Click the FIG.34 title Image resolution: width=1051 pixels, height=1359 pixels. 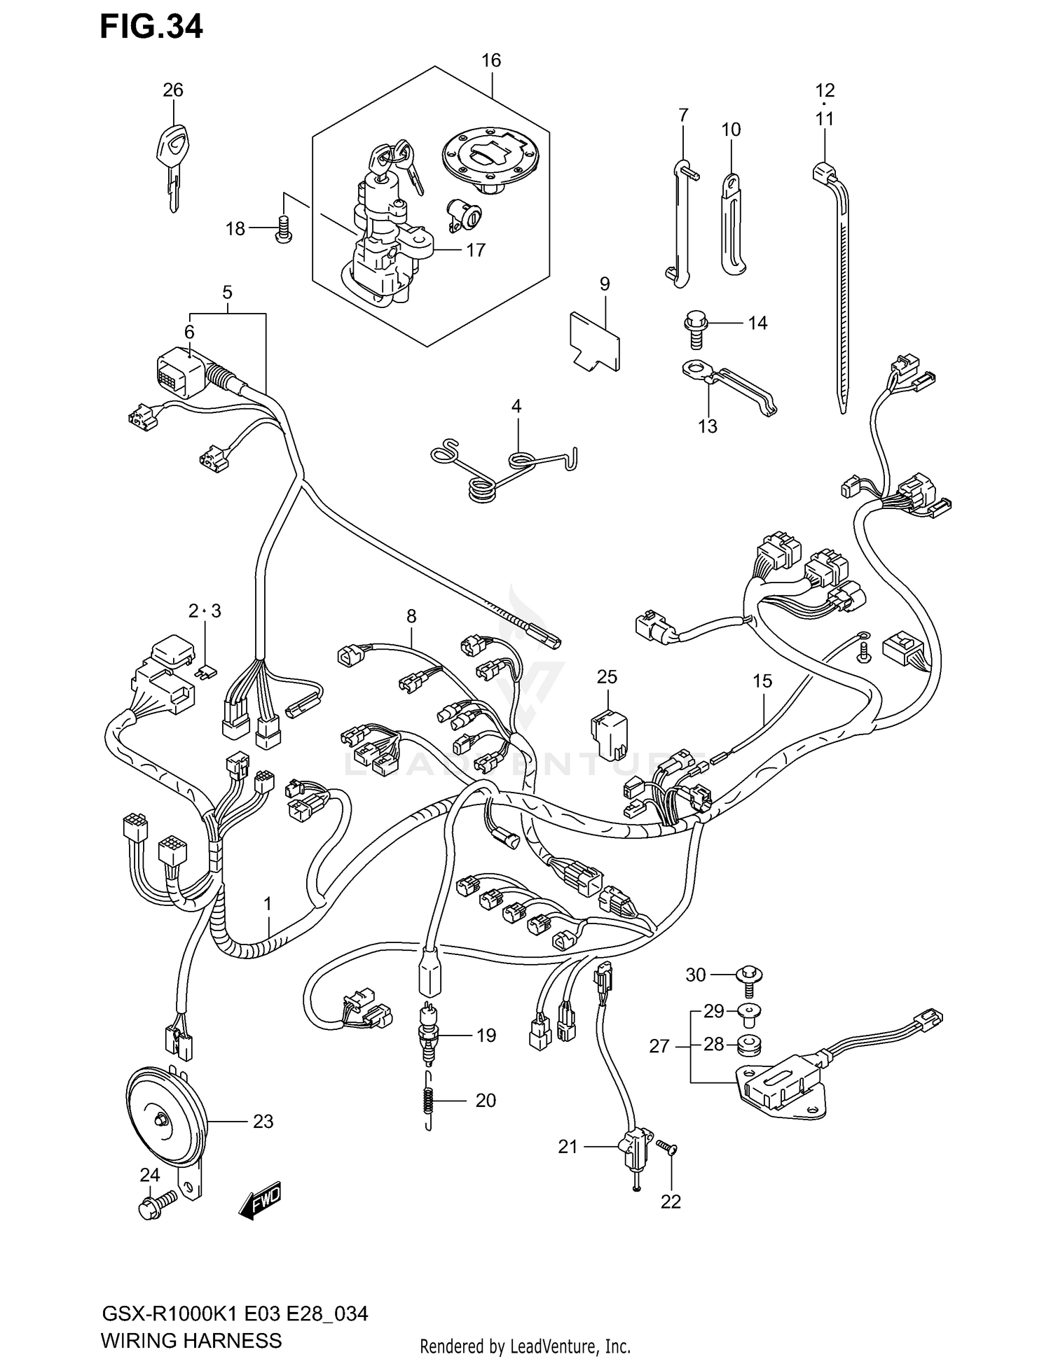[x=151, y=26]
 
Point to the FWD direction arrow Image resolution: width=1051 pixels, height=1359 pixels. [x=260, y=1201]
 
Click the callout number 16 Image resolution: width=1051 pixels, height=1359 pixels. [x=491, y=61]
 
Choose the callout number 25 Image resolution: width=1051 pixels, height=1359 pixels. [x=607, y=677]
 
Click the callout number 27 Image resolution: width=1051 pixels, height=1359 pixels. [x=659, y=1047]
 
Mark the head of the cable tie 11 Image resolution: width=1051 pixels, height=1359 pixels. [x=824, y=170]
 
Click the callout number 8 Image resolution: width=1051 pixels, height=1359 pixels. [x=411, y=616]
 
